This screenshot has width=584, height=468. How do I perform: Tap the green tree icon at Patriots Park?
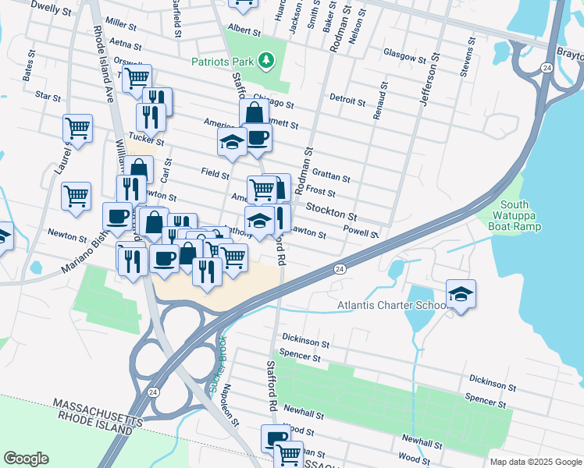pos(266,59)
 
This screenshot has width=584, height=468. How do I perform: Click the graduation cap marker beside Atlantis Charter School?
pos(461,295)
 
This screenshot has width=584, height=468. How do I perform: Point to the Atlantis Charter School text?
pos(390,305)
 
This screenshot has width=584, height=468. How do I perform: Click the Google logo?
pos(27,459)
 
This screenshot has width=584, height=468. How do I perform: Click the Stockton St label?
pos(331,211)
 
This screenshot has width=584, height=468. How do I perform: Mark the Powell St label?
pos(361,232)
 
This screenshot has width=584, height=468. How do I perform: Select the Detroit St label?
pos(347,101)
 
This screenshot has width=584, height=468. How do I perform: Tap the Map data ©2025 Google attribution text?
pos(535,462)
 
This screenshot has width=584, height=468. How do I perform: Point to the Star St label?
pos(48,97)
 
